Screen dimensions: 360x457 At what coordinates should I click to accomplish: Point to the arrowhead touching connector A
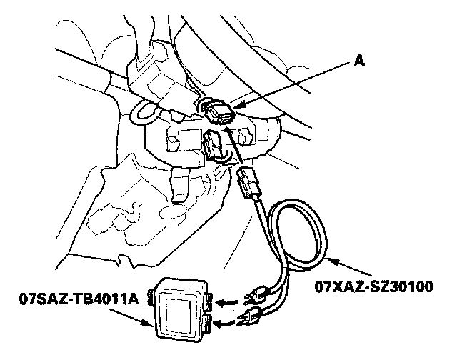(x=238, y=107)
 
